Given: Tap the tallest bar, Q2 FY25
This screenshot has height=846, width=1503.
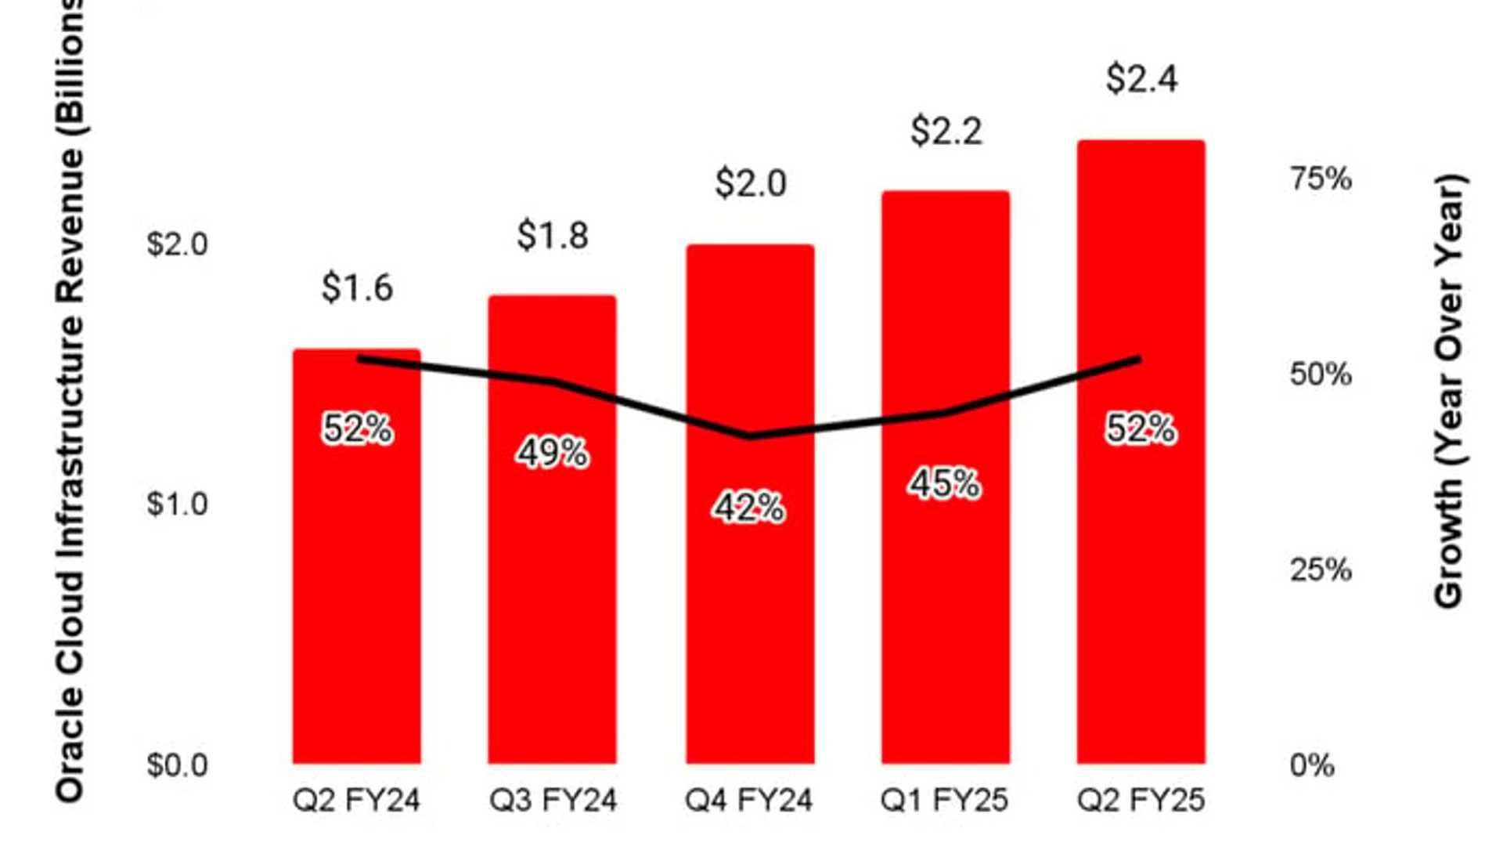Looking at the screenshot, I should (1141, 587).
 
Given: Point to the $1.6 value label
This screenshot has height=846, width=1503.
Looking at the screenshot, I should (357, 288).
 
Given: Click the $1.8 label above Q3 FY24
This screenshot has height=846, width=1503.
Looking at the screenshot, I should (553, 235).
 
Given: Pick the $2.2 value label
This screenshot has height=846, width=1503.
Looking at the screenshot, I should (946, 131).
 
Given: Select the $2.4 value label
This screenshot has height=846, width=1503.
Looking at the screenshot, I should (1141, 79).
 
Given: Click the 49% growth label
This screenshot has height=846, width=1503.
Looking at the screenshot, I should (553, 453).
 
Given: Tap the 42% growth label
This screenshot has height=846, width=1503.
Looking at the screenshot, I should (748, 508).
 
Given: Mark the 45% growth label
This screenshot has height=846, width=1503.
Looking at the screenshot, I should (944, 484).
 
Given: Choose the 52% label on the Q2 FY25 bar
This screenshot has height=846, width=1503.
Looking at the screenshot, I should (1141, 429).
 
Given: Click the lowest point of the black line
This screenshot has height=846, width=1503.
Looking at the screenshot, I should (749, 436).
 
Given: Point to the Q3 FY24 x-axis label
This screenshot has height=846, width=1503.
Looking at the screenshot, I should (553, 801).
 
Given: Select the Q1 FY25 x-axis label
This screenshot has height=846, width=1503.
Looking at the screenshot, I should (944, 801).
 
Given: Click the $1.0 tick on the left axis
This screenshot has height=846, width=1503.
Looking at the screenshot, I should (178, 504).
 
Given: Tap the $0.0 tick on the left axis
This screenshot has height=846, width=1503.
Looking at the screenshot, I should (178, 765).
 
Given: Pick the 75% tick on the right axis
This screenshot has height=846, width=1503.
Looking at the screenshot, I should (1321, 179).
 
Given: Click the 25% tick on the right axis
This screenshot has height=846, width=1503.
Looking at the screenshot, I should (1321, 570).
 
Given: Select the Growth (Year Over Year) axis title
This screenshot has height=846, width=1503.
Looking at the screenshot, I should (1449, 392).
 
